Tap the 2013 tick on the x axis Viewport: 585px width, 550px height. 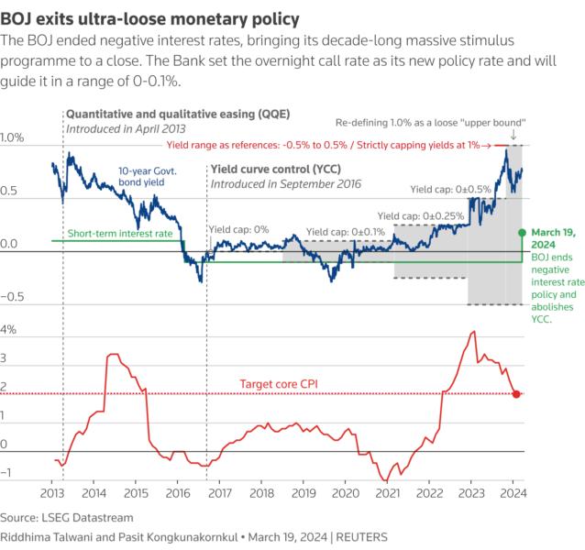(x=52, y=492)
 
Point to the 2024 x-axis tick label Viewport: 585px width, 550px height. (x=513, y=492)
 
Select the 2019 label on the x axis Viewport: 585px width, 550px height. (x=304, y=492)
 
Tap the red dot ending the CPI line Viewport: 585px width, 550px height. (x=516, y=394)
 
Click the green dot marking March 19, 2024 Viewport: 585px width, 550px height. (x=522, y=232)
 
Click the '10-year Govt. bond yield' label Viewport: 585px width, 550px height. (x=149, y=176)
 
